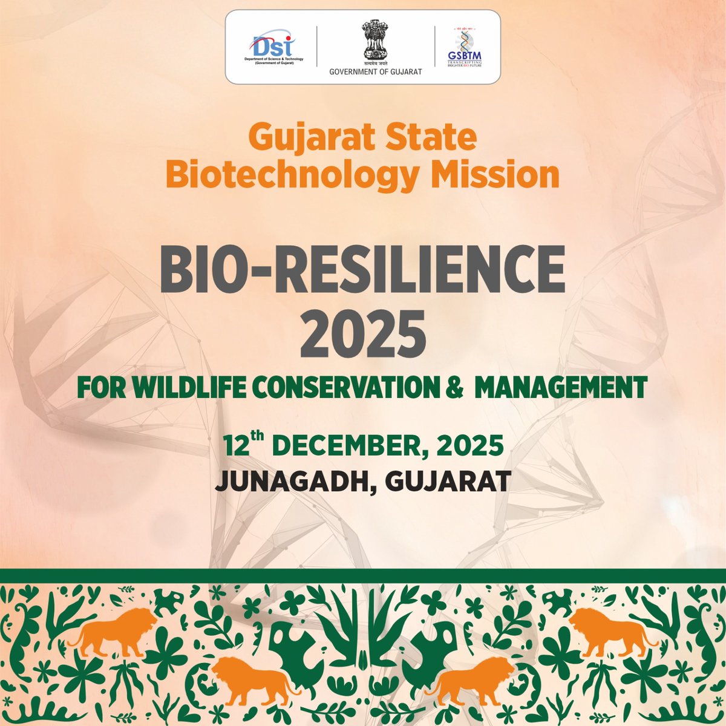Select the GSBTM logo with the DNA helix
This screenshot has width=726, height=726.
(465, 47)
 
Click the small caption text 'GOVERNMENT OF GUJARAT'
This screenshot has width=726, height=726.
(375, 72)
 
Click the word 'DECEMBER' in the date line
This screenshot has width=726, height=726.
(341, 446)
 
